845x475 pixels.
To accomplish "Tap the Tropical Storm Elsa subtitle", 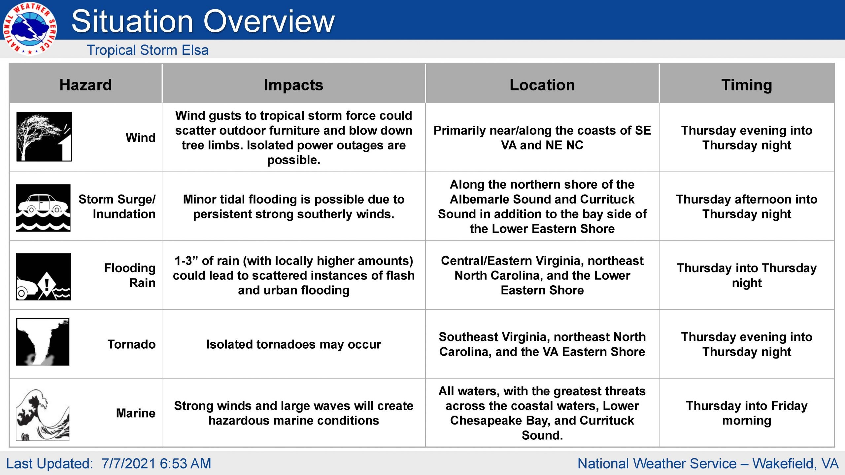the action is pyautogui.click(x=148, y=50).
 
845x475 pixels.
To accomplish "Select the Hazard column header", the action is pyautogui.click(x=85, y=85).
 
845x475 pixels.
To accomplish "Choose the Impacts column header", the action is pyautogui.click(x=293, y=85).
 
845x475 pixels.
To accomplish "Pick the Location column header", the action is pyautogui.click(x=542, y=85).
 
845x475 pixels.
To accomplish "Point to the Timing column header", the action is pyautogui.click(x=747, y=85).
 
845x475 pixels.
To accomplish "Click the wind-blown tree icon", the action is pyautogui.click(x=44, y=137).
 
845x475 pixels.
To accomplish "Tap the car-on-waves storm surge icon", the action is pyautogui.click(x=43, y=208).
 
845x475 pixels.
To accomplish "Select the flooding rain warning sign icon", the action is pyautogui.click(x=43, y=276).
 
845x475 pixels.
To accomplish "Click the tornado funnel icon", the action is pyautogui.click(x=43, y=342).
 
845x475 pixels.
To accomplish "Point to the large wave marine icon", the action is pyautogui.click(x=43, y=415).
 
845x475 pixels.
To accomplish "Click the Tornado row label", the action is pyautogui.click(x=131, y=344).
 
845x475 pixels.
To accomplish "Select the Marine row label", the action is pyautogui.click(x=136, y=413).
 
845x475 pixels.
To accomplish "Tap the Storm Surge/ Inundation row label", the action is pyautogui.click(x=117, y=206).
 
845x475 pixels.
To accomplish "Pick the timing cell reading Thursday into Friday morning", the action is pyautogui.click(x=747, y=413).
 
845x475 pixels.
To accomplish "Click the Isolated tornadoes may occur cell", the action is pyautogui.click(x=293, y=344).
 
